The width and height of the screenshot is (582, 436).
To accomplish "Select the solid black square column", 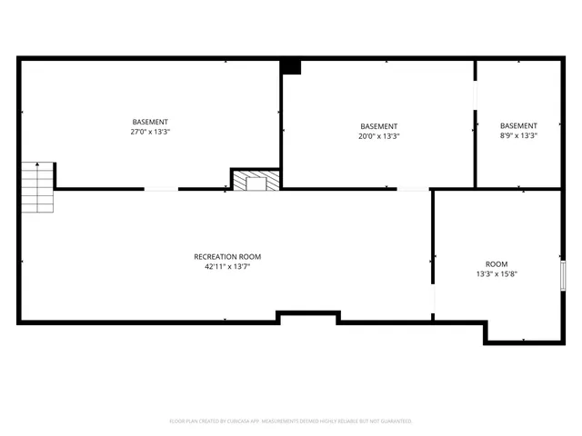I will point(290,66).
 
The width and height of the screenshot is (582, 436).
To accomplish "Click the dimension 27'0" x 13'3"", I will point(150,132).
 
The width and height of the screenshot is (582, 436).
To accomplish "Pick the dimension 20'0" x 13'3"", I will point(378,136).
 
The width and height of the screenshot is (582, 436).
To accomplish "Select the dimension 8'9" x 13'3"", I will point(518,136).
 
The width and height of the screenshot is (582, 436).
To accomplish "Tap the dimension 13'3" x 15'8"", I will point(497,273).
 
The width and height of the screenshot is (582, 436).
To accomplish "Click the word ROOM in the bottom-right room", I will point(497,263).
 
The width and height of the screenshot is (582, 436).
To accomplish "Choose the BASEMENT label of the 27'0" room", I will point(150,122).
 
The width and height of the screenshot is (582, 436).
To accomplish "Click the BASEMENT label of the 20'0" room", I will point(378,126).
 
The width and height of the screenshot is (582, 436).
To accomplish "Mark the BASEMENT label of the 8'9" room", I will point(518,126).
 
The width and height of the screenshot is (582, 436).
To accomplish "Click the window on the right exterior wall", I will point(564,274).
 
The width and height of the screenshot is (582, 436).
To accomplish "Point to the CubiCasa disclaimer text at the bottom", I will point(291,421).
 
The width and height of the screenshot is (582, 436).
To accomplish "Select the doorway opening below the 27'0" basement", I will point(161,189).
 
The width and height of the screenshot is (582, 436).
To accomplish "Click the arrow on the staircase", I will point(37,166).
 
